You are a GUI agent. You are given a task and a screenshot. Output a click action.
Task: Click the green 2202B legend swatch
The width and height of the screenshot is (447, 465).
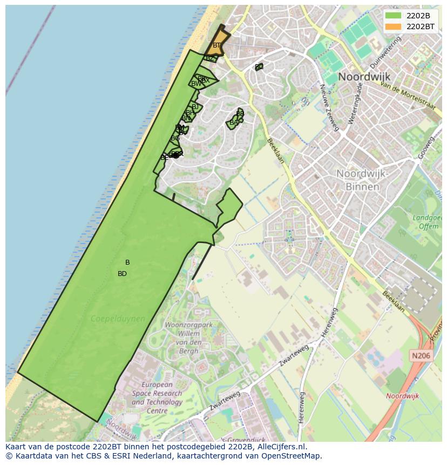click(x=393, y=16)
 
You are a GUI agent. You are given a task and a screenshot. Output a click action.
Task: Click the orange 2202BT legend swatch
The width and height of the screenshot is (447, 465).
click(x=393, y=26)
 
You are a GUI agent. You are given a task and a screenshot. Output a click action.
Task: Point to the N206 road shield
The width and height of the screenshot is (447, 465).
click(x=421, y=355)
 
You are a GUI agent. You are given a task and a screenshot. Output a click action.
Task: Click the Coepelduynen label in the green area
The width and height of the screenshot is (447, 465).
click(x=118, y=319)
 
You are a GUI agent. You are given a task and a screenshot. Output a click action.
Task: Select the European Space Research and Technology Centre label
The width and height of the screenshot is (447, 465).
click(x=157, y=397)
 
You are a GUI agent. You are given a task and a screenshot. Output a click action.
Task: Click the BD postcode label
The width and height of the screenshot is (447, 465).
click(x=122, y=274)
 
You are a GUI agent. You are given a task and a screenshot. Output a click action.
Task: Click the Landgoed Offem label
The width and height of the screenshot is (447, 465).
click(x=426, y=222)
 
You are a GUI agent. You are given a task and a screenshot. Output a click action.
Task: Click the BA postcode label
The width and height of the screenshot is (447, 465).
click(x=234, y=123)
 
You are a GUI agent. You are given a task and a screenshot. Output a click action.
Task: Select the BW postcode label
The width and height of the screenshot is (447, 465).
click(x=196, y=84)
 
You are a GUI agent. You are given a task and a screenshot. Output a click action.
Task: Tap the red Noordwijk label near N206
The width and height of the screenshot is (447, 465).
click(x=403, y=396)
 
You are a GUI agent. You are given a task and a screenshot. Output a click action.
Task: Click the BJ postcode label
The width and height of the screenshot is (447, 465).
click(x=195, y=107)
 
